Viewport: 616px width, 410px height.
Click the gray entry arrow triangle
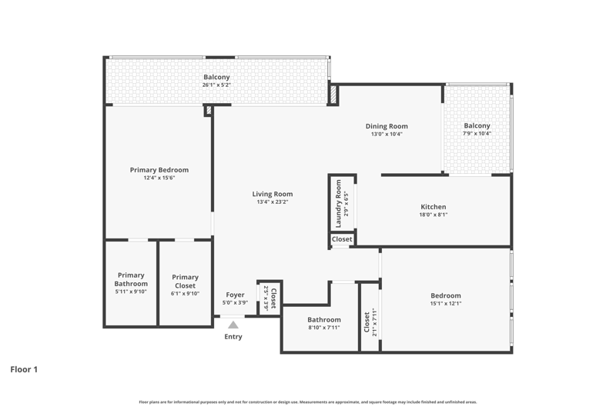(x=233, y=325)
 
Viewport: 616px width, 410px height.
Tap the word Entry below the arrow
(x=233, y=337)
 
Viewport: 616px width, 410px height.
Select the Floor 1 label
(x=24, y=369)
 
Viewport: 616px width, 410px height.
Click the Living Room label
(x=273, y=194)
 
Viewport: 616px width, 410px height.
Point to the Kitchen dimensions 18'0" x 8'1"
(x=434, y=215)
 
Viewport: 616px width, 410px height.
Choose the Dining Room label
(x=387, y=126)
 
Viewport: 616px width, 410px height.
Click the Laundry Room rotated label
(x=338, y=204)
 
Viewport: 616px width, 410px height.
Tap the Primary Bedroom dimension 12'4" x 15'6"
(x=159, y=178)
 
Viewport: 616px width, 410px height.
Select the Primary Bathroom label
(x=131, y=279)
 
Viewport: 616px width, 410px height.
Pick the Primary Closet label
(x=185, y=282)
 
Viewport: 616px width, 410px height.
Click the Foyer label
(x=235, y=295)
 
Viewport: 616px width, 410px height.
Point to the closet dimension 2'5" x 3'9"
(x=266, y=298)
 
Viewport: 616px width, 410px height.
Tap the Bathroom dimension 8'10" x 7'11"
(x=324, y=328)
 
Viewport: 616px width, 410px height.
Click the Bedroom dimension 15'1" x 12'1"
(x=446, y=303)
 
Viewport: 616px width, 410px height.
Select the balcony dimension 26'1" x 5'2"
(x=216, y=85)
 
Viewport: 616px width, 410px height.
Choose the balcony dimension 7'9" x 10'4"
(x=477, y=133)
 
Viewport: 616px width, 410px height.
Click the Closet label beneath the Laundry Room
(x=342, y=239)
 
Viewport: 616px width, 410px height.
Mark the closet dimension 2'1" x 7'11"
(x=374, y=322)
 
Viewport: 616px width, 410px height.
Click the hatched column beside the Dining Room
(x=333, y=95)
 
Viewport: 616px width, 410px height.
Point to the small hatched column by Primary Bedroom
(x=209, y=110)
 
